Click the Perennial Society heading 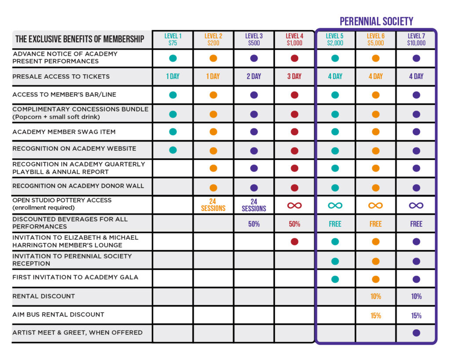[376, 21]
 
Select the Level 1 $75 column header [173, 40]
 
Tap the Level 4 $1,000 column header [294, 40]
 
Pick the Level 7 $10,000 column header [416, 40]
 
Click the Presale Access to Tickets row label [61, 76]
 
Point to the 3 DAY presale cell [294, 76]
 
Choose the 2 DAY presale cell [254, 76]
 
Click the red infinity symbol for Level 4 [294, 205]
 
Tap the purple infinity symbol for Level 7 [416, 205]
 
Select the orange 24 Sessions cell [213, 205]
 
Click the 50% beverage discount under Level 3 [254, 224]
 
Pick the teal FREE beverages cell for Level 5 [335, 224]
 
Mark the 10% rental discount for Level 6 [376, 297]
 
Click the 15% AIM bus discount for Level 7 [416, 316]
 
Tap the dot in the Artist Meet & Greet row [416, 333]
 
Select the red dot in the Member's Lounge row [294, 241]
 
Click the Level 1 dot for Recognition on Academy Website [173, 150]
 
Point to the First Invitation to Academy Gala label [75, 277]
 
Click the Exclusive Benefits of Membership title [80, 39]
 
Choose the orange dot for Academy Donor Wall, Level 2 [213, 188]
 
